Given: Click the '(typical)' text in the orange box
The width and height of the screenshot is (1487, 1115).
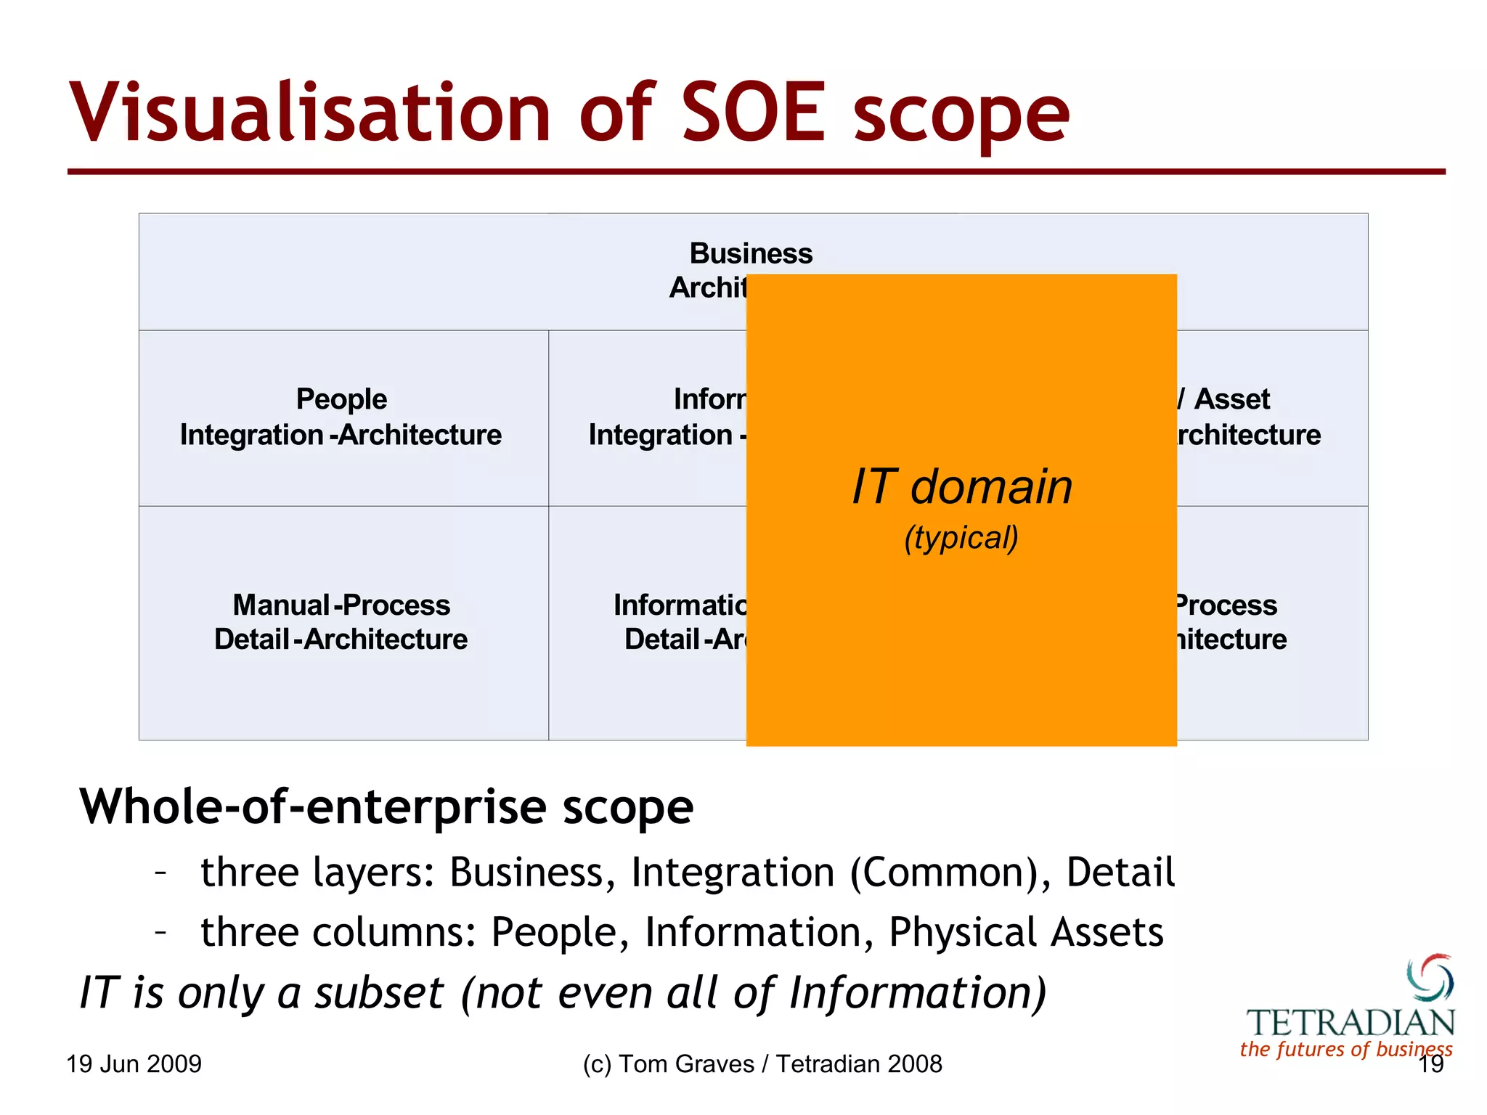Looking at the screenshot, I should pos(961,538).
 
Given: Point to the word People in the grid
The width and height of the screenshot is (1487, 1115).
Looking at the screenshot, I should pos(341,399).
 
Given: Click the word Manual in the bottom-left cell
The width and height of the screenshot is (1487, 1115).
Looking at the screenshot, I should pos(281,605).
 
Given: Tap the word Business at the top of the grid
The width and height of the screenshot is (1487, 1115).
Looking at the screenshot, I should pos(751,253).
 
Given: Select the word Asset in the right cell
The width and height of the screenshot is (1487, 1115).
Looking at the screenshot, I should pos(1232,399).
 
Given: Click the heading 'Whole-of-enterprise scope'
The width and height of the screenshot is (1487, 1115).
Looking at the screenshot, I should pos(386,806).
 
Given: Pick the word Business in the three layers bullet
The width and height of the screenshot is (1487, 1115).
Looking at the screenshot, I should pos(526,872).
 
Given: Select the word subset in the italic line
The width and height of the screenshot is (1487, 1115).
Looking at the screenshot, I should pos(378,992).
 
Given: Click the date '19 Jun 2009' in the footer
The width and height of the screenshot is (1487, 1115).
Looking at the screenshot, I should pos(134,1064).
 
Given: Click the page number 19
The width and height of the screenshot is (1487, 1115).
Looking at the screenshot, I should pos(1430,1065).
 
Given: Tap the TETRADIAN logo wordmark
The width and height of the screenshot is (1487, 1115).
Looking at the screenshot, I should pos(1350,1023).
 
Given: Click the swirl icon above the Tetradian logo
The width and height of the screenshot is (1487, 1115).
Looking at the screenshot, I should pos(1430,977).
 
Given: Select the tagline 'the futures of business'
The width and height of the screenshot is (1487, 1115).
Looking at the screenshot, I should pos(1345,1049).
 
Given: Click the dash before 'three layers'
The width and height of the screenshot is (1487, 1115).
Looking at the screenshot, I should pos(161,870).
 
